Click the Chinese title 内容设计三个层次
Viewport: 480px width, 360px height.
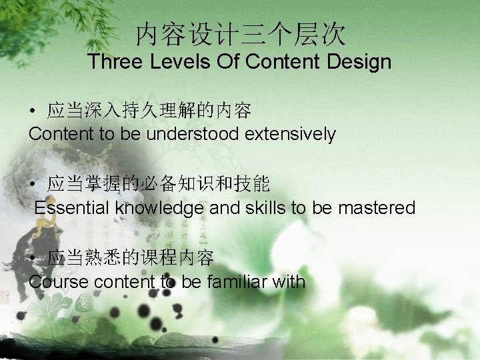240,33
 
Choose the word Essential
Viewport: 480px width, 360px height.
72,208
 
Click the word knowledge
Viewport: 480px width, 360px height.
159,208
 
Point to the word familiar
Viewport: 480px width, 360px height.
237,282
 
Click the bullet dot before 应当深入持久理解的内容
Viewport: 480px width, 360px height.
32,109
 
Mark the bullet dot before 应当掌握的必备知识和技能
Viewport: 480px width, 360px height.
32,182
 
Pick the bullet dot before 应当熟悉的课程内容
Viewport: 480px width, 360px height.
32,257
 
